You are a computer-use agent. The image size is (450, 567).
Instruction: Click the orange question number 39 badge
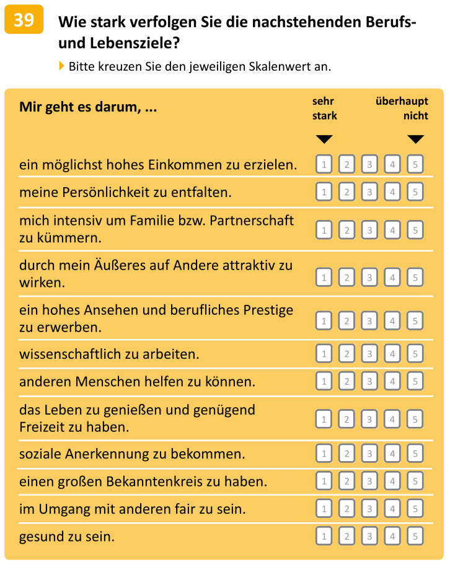click(x=24, y=20)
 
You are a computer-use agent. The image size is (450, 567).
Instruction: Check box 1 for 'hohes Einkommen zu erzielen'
click(x=324, y=165)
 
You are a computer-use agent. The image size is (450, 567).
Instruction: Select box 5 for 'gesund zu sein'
click(x=415, y=536)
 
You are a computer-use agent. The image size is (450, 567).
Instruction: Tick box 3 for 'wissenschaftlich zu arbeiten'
click(x=369, y=353)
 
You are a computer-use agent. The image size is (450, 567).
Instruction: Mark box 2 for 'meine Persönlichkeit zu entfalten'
click(x=346, y=191)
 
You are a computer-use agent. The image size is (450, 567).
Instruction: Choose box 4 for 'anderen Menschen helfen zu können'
click(x=392, y=381)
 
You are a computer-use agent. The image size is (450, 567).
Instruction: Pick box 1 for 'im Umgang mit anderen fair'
click(x=324, y=509)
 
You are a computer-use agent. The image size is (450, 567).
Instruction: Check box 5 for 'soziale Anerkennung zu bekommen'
click(x=415, y=454)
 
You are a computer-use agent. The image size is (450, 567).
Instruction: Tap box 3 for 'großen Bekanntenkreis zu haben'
click(x=369, y=481)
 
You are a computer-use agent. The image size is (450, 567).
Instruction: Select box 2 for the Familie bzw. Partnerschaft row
click(x=346, y=230)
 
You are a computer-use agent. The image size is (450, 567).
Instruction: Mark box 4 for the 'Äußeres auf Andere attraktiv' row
click(x=392, y=278)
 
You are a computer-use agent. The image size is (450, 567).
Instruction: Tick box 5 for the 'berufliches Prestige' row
click(x=415, y=321)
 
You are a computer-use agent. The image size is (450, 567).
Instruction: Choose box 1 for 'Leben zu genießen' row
click(x=324, y=419)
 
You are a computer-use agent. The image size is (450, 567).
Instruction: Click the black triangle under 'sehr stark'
click(x=324, y=139)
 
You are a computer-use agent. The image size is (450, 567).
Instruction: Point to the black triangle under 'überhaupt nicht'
click(x=416, y=139)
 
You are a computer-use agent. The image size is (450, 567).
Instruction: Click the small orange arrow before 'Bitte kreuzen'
click(x=61, y=66)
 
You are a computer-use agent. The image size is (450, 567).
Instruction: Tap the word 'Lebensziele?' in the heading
click(x=135, y=43)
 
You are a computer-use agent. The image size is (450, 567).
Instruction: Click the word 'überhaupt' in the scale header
click(x=402, y=101)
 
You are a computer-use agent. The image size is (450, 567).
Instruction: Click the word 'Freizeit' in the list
click(x=42, y=427)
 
